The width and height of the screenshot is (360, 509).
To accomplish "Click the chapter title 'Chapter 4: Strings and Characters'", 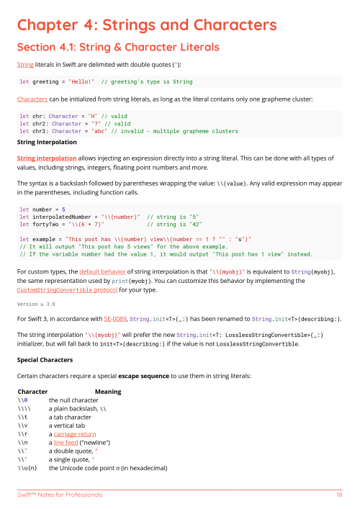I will coord(147,25).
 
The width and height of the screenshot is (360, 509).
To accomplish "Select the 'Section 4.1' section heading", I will coord(119,48).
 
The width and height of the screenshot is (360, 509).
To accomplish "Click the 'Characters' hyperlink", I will coord(32,99).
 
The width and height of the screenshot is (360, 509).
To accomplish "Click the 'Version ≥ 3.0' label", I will coord(36,305).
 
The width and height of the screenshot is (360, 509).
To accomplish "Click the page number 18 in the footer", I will coord(338,495).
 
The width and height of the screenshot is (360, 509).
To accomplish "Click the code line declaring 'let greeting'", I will coord(106,81).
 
